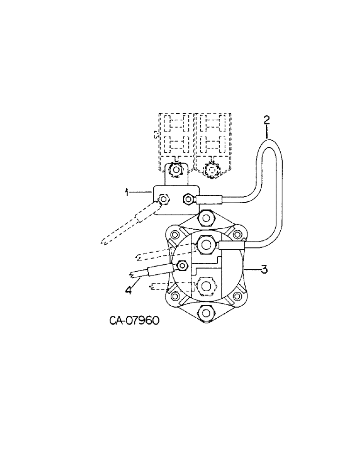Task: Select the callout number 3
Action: coord(264,269)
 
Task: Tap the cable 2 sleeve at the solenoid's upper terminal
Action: coord(230,246)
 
